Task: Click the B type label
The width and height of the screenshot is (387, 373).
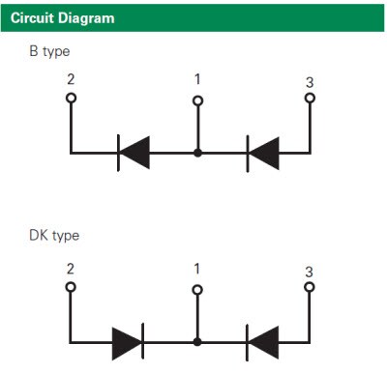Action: pos(49,50)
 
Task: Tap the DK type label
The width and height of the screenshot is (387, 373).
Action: pos(53,236)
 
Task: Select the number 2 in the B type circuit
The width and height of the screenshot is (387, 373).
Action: pos(71,81)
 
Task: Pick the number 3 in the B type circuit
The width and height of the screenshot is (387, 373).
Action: pos(310,82)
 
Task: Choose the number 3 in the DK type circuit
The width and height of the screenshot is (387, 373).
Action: pos(310,272)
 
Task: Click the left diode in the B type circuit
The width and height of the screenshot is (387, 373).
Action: pos(133,153)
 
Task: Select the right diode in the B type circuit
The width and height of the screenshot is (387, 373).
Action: pos(263,153)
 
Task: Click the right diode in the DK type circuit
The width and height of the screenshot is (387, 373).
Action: pos(263,342)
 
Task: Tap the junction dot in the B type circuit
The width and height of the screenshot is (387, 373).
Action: pos(198,153)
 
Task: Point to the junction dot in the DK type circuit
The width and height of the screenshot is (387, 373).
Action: pos(198,342)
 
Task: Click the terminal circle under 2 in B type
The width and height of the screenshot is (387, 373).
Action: pos(71,98)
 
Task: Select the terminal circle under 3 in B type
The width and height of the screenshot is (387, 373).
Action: pos(310,98)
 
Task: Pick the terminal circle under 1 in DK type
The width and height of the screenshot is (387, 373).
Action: pos(198,289)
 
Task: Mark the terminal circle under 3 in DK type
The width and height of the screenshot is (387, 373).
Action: pos(310,288)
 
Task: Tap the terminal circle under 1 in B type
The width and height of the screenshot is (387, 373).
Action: pos(198,100)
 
